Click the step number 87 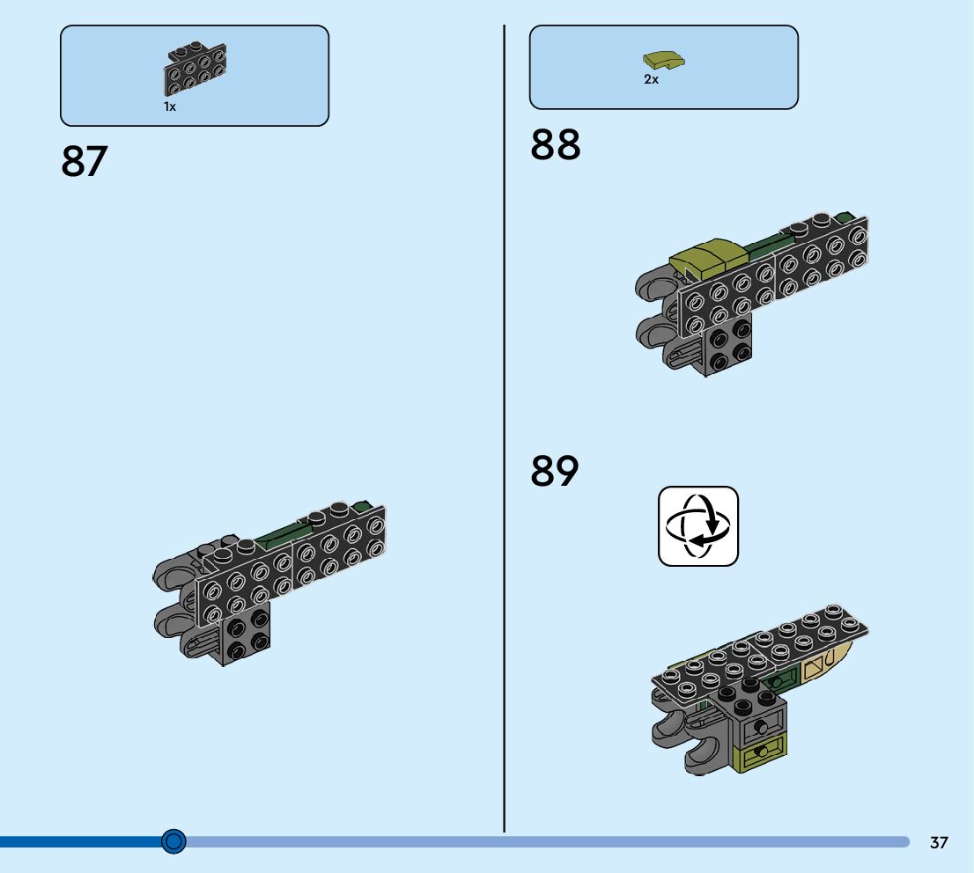84,162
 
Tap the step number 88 555,145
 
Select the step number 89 555,471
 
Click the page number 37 939,843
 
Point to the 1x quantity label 170,106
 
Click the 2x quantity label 651,79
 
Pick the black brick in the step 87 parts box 195,68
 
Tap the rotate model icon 698,526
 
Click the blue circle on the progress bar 174,842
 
